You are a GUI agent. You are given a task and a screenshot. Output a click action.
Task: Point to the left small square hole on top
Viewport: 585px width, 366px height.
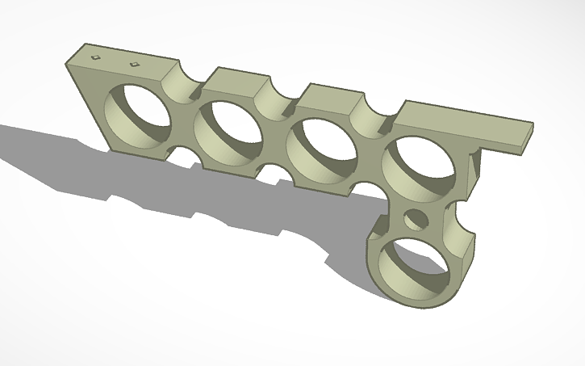95,57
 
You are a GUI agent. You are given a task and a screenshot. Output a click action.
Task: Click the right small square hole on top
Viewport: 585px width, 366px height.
134,63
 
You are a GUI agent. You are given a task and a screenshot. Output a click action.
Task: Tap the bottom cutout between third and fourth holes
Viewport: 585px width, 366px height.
370,190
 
